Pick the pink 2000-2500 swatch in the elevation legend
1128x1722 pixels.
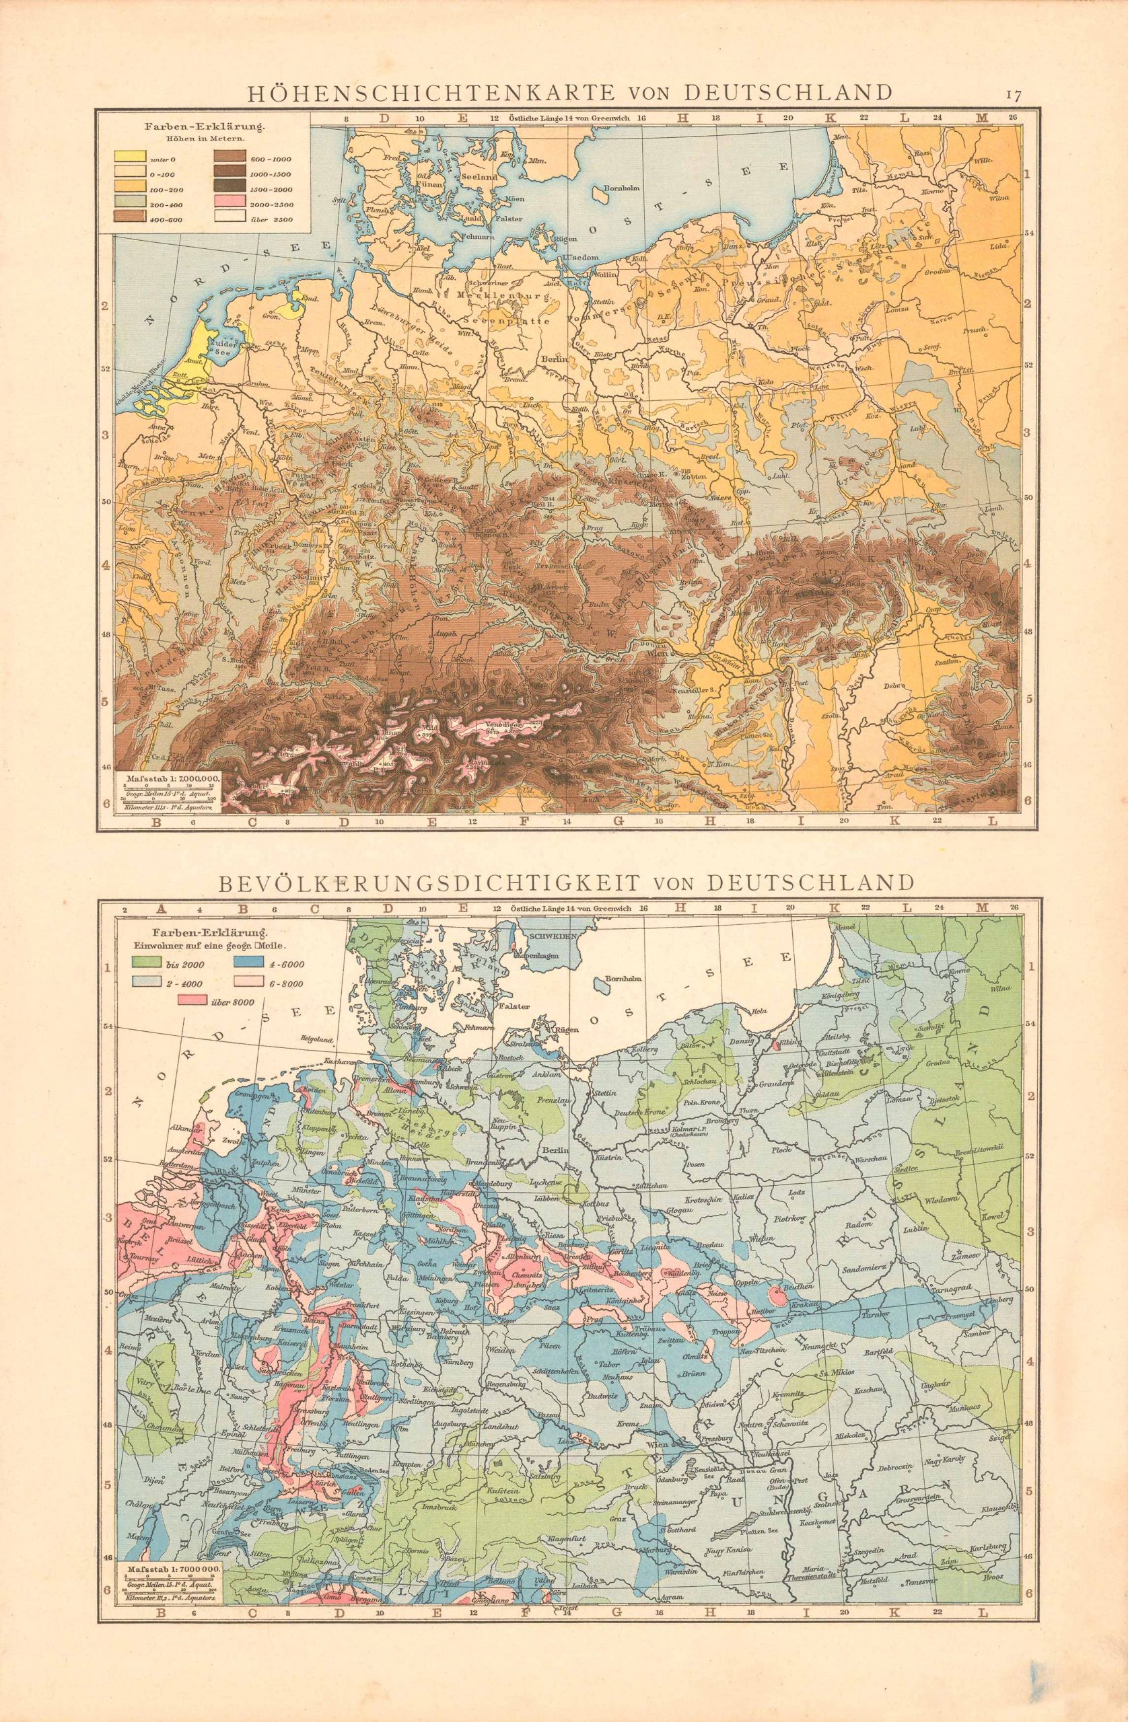(227, 203)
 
